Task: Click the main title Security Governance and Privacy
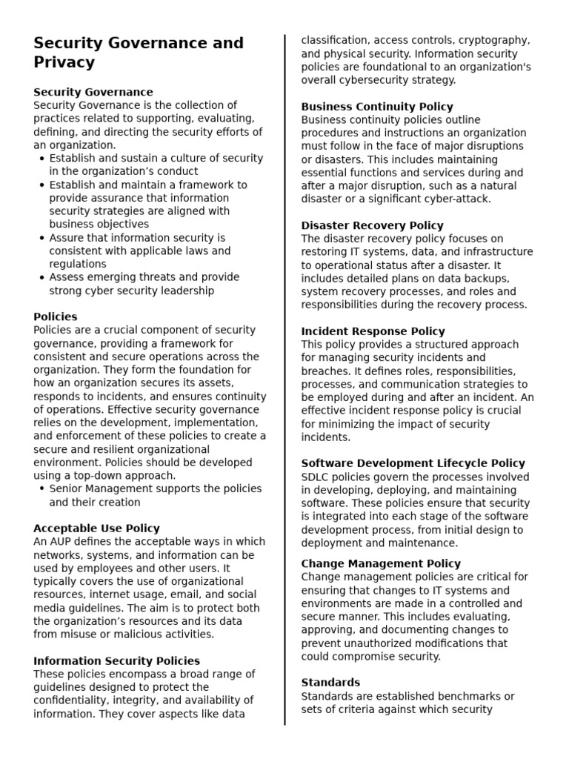[139, 53]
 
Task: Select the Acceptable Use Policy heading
[96, 528]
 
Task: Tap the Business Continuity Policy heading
[377, 107]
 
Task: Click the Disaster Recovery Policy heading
[372, 225]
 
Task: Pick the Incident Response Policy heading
[373, 331]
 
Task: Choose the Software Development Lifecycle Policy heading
[413, 463]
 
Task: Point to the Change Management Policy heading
[381, 563]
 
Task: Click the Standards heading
[330, 683]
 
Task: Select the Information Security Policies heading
[116, 660]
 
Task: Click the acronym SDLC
[316, 477]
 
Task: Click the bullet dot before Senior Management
[41, 489]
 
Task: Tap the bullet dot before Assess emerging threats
[41, 277]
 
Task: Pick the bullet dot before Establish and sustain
[41, 159]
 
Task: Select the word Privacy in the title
[64, 62]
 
